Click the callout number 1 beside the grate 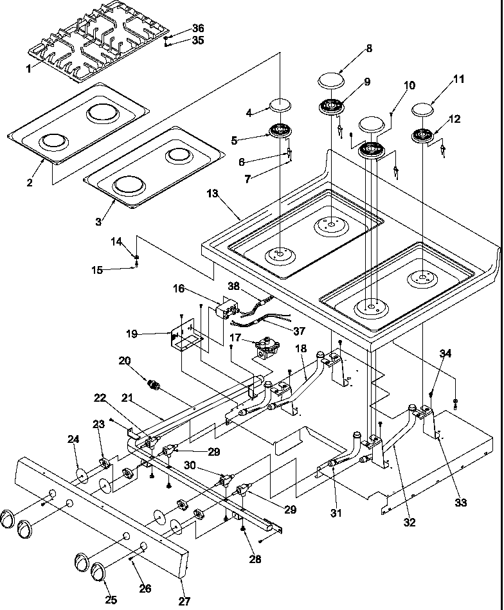pos(29,69)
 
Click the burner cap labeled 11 pos(426,107)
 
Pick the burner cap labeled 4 pos(280,104)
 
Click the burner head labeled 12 pos(423,136)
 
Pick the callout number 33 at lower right pos(461,503)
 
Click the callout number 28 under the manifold pos(255,559)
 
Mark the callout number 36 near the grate pos(198,28)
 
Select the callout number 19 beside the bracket pos(132,334)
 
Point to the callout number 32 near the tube pos(410,523)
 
